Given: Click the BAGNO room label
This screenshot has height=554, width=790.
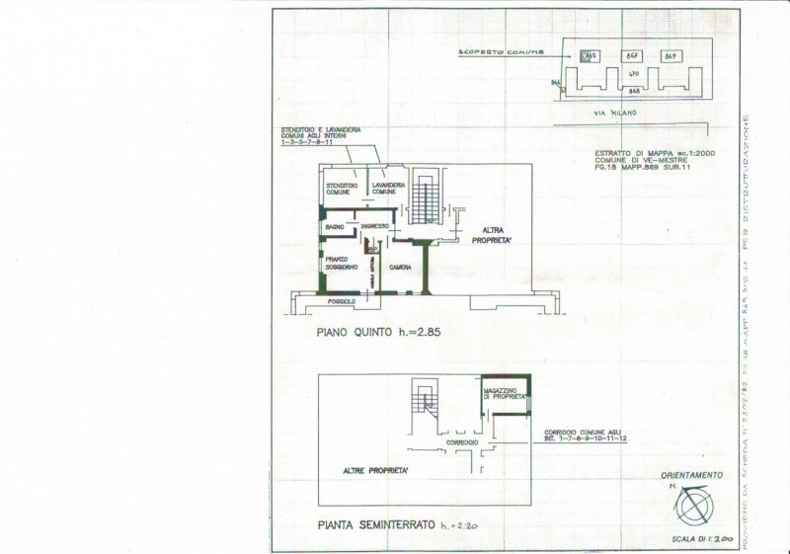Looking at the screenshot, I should (333, 227).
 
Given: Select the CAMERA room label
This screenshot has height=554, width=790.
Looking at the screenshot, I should (400, 268).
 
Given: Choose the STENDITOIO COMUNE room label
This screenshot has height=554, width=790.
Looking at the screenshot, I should (342, 188).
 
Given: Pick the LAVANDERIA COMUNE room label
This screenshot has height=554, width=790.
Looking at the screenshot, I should (384, 188).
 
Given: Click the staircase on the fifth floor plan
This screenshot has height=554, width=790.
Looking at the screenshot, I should (427, 199).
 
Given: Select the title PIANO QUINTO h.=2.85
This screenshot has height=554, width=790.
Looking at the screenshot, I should (378, 333).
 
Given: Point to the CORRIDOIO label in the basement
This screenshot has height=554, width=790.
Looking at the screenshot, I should (463, 443).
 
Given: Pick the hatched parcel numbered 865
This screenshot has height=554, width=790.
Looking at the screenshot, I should (590, 56).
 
